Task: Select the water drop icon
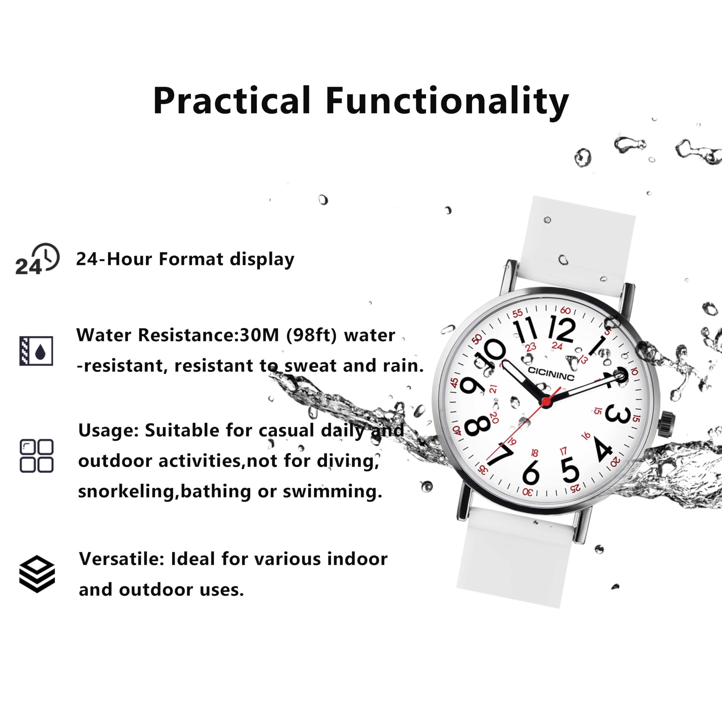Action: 36,351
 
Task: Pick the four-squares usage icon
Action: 36,455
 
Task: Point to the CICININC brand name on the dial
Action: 551,373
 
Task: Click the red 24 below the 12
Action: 557,346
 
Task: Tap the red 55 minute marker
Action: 517,313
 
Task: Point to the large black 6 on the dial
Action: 531,472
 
